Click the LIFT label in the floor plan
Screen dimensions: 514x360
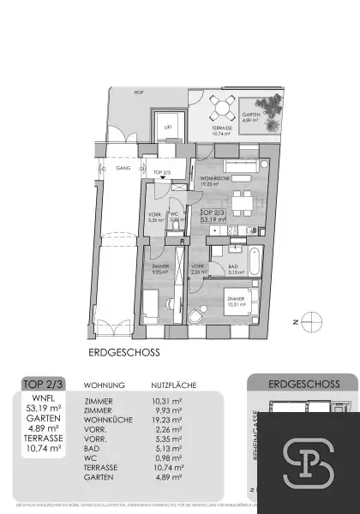(168, 128)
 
